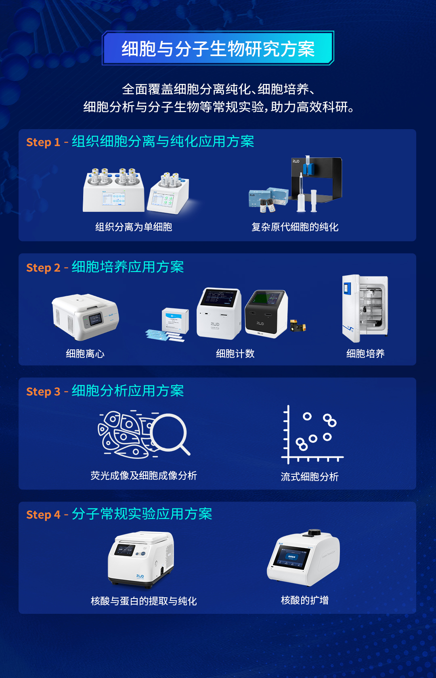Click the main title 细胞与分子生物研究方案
(218, 49)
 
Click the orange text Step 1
(43, 142)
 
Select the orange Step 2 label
(43, 268)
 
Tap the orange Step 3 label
(43, 392)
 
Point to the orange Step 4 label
(43, 515)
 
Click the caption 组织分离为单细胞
(134, 227)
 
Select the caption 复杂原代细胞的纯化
(295, 227)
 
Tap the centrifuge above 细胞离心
(85, 317)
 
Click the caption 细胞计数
(235, 354)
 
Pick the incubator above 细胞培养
(365, 306)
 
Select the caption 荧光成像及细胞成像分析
(144, 476)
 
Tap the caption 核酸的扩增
(305, 601)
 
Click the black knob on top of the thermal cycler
(314, 533)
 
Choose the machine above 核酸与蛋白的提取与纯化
(141, 559)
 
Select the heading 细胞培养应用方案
(128, 267)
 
